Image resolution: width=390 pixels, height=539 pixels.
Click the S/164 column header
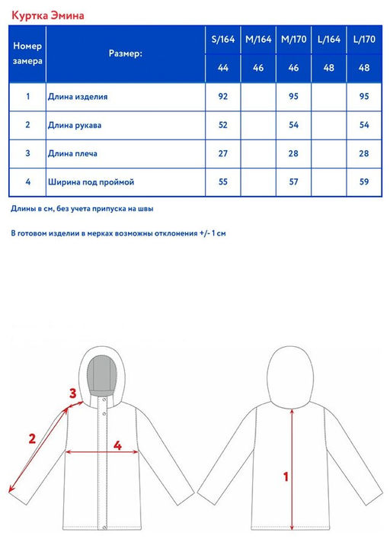point(223,40)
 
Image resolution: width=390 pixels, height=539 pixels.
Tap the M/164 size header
point(258,40)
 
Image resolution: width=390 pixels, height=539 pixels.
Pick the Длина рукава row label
point(74,125)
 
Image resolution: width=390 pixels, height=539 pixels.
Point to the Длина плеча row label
point(72,153)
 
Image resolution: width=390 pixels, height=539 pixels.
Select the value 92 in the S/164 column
point(223,97)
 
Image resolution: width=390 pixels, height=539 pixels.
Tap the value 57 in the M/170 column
point(294,182)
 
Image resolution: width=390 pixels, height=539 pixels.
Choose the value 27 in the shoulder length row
point(223,153)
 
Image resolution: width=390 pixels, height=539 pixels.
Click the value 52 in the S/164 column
point(223,125)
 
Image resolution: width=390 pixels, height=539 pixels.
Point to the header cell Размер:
point(126,54)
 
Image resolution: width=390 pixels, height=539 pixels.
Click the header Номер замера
point(27,53)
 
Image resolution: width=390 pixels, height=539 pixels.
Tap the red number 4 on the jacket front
point(117,444)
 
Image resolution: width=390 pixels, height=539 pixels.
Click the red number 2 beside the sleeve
point(32,438)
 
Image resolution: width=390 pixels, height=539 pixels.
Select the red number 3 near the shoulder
point(72,394)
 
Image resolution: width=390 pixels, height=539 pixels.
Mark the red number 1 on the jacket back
point(286,478)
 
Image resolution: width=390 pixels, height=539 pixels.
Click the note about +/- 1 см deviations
point(118,233)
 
